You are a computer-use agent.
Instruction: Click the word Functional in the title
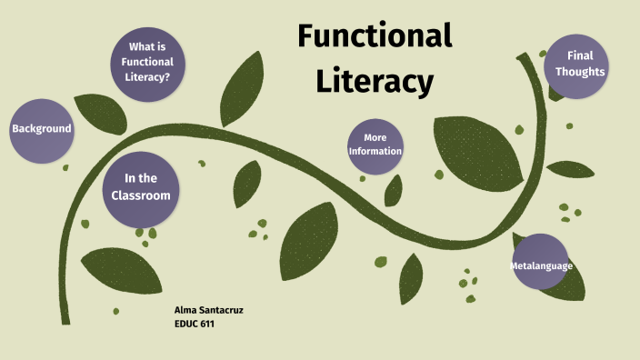375,36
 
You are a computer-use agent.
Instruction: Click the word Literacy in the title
375,81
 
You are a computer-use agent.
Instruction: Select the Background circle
41,129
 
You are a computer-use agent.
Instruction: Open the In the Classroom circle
140,187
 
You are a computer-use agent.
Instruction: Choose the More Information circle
375,145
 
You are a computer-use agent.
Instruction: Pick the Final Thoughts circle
574,64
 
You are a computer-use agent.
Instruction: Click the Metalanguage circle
542,265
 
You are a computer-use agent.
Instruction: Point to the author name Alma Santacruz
208,310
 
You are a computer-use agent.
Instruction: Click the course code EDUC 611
194,323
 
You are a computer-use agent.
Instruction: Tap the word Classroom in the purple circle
140,195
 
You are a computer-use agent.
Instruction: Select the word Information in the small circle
375,151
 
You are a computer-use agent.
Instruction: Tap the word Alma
185,310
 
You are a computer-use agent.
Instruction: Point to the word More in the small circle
375,138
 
